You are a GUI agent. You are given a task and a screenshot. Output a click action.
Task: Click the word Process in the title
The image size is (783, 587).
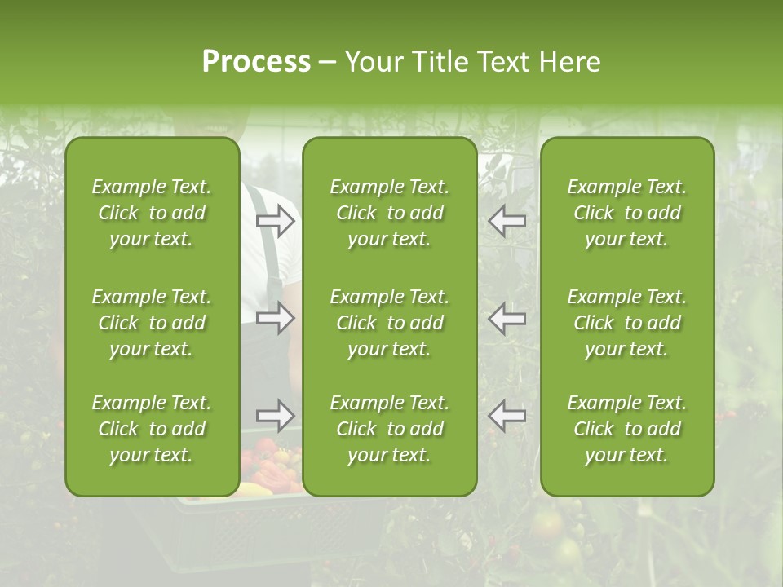click(256, 62)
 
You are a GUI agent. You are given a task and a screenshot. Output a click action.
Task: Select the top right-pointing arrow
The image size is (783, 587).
click(276, 221)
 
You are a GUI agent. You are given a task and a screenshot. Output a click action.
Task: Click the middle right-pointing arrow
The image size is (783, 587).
click(276, 318)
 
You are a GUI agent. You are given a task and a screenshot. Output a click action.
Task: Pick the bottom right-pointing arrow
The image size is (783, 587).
click(276, 416)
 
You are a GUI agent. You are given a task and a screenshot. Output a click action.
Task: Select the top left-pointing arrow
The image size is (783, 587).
click(507, 221)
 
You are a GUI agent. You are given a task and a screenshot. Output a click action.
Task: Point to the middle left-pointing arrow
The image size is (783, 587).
click(507, 318)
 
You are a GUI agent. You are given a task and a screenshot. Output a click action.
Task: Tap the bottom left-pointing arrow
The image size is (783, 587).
click(507, 416)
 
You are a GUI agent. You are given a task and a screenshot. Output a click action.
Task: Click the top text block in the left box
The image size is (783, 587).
click(152, 213)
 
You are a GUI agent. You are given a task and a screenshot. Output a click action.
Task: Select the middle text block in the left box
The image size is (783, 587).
click(152, 323)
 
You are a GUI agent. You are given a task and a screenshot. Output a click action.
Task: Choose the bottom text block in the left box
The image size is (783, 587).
click(152, 429)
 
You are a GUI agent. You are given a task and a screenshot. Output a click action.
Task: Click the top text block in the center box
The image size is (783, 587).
click(389, 213)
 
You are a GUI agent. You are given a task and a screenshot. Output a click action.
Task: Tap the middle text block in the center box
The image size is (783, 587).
click(389, 323)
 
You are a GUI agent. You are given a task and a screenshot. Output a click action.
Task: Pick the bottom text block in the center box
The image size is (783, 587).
click(389, 429)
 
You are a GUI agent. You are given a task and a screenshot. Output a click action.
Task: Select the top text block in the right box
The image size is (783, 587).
click(626, 213)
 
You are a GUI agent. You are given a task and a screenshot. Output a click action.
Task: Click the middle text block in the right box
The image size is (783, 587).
click(626, 323)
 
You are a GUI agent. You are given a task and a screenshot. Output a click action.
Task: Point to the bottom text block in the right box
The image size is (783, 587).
click(626, 429)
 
